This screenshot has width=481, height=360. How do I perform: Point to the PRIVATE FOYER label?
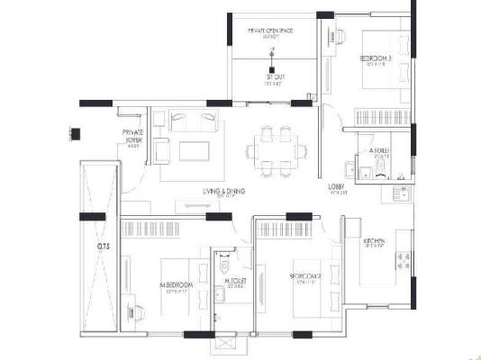click(x=133, y=136)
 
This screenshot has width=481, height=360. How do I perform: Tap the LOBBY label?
click(x=338, y=187)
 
